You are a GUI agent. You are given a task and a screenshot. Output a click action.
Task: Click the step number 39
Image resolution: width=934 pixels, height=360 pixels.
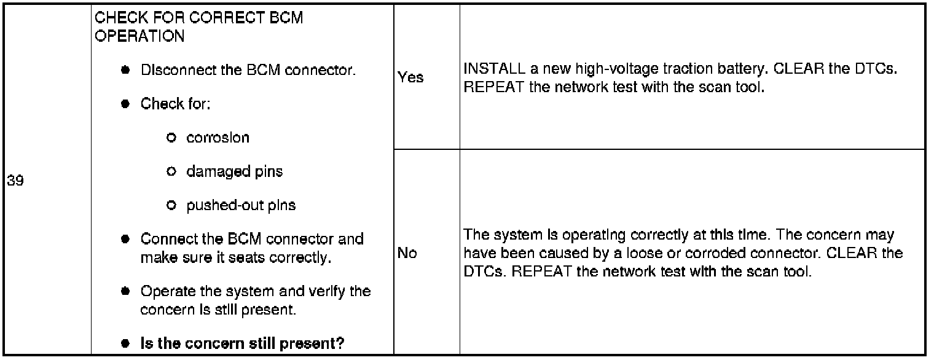(x=15, y=181)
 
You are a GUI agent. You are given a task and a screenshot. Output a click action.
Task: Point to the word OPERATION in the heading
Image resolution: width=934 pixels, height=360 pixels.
(x=140, y=36)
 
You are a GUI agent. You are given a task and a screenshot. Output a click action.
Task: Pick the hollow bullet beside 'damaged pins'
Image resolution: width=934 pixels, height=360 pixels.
(x=171, y=171)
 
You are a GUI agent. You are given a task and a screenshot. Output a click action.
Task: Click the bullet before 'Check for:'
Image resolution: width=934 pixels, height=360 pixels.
(x=125, y=104)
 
